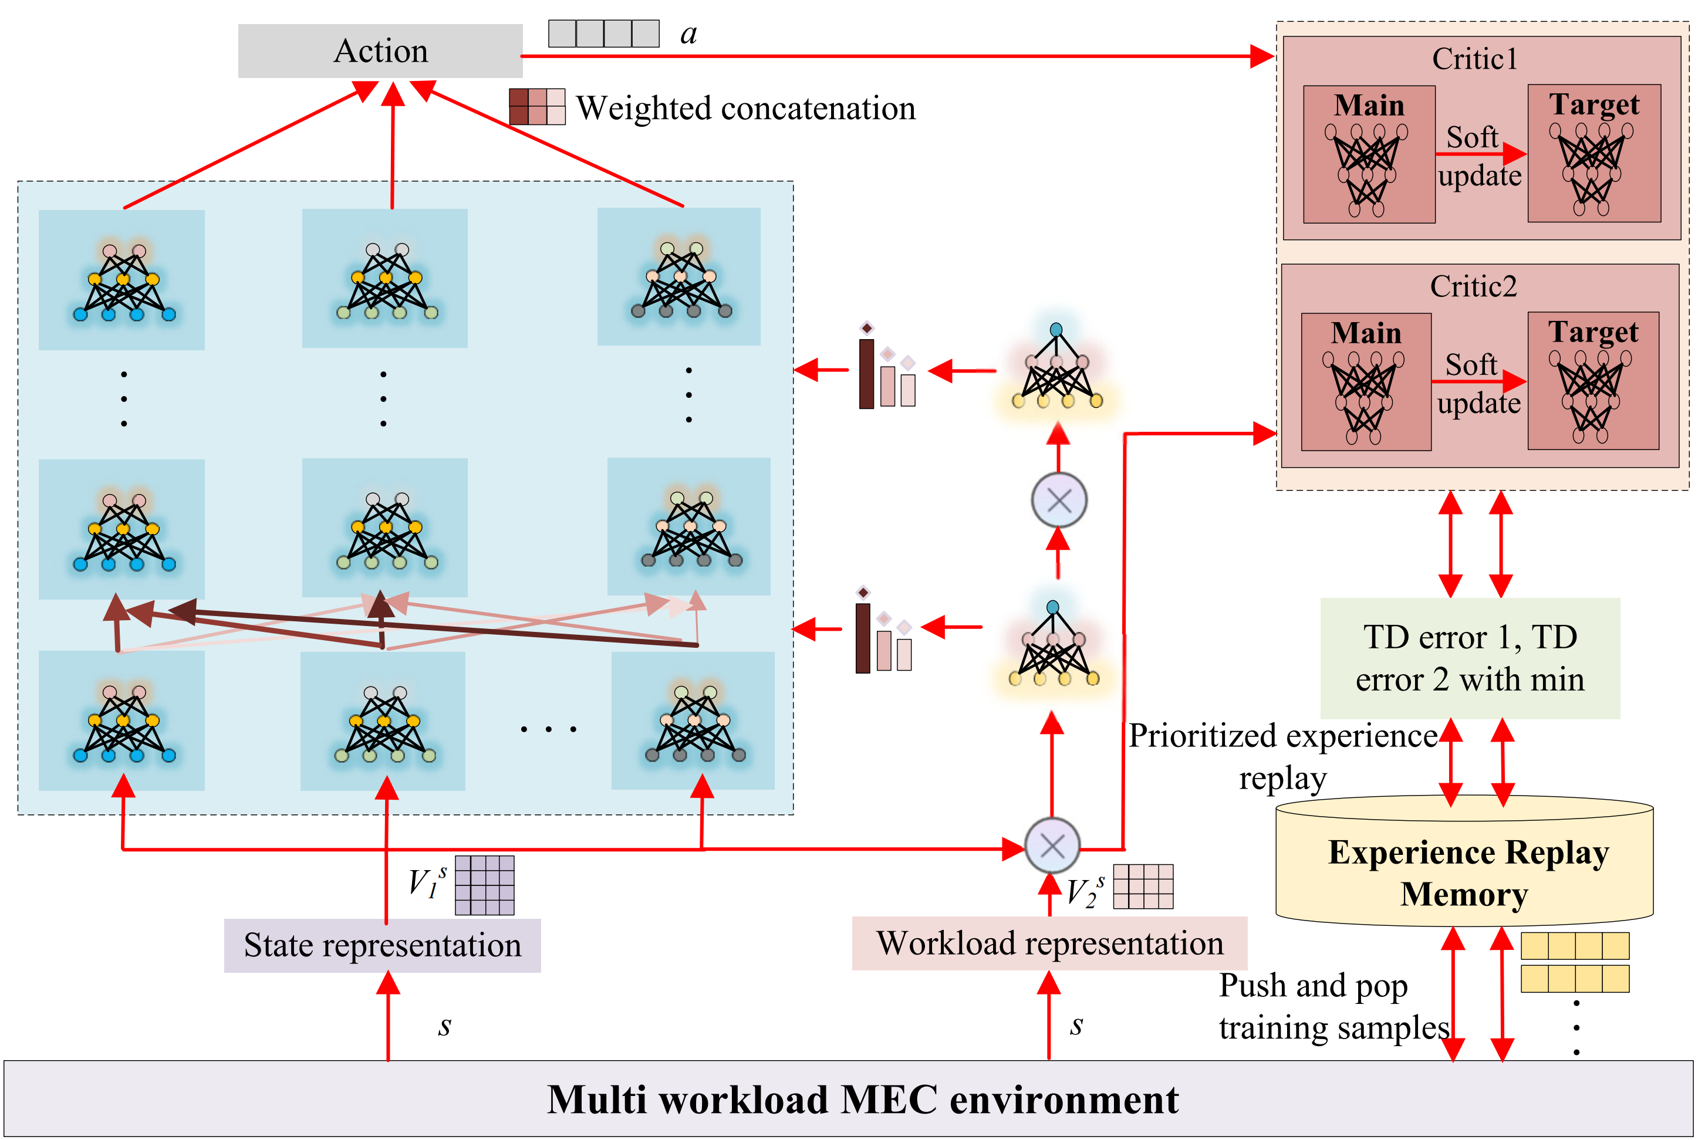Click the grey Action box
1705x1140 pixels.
tap(380, 51)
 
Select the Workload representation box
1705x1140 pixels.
tap(1049, 943)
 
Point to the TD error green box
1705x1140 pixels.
tap(1470, 658)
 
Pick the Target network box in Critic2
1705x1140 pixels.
tap(1593, 380)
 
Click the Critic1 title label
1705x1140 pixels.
tap(1474, 59)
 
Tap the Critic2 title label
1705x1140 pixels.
tap(1473, 286)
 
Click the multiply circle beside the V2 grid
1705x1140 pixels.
tap(1052, 845)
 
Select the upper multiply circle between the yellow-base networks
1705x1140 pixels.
tap(1059, 500)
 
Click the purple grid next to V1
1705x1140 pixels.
tap(484, 885)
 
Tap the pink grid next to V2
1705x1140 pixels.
tap(1143, 887)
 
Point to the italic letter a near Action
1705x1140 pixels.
tap(688, 35)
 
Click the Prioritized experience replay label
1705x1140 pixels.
tap(1282, 756)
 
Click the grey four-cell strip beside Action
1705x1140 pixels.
tap(603, 33)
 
